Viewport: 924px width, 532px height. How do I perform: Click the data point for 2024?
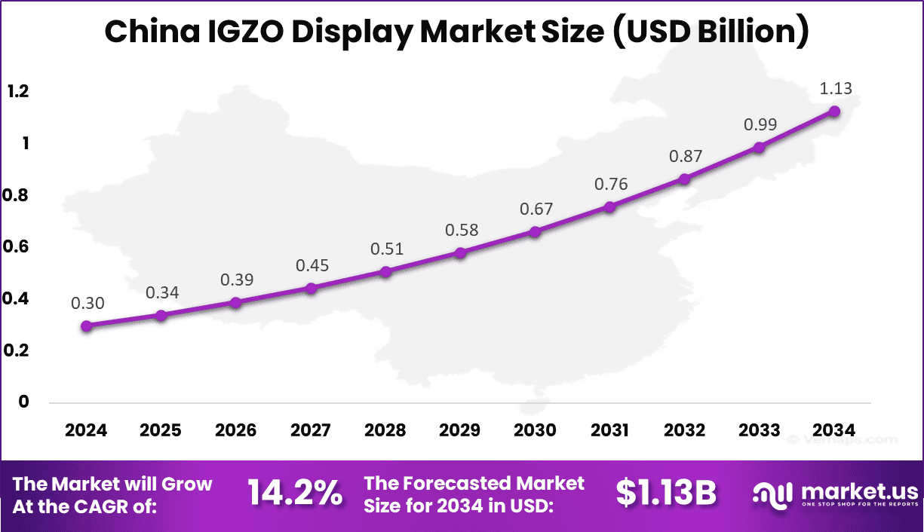87,326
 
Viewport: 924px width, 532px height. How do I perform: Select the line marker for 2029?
460,252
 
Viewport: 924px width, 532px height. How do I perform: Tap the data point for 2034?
834,111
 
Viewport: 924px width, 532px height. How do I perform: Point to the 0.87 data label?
685,157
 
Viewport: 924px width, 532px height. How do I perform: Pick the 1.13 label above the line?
835,88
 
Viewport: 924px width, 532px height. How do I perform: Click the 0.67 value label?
536,209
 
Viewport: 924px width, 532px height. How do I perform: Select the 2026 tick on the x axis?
235,430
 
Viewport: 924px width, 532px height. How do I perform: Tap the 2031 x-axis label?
609,430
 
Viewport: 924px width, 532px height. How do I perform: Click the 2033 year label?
759,430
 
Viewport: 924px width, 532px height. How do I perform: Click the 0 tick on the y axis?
23,402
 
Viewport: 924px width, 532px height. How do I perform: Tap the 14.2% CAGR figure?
295,494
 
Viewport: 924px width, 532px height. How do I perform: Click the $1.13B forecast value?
665,494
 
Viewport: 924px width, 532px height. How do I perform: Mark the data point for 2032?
684,179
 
